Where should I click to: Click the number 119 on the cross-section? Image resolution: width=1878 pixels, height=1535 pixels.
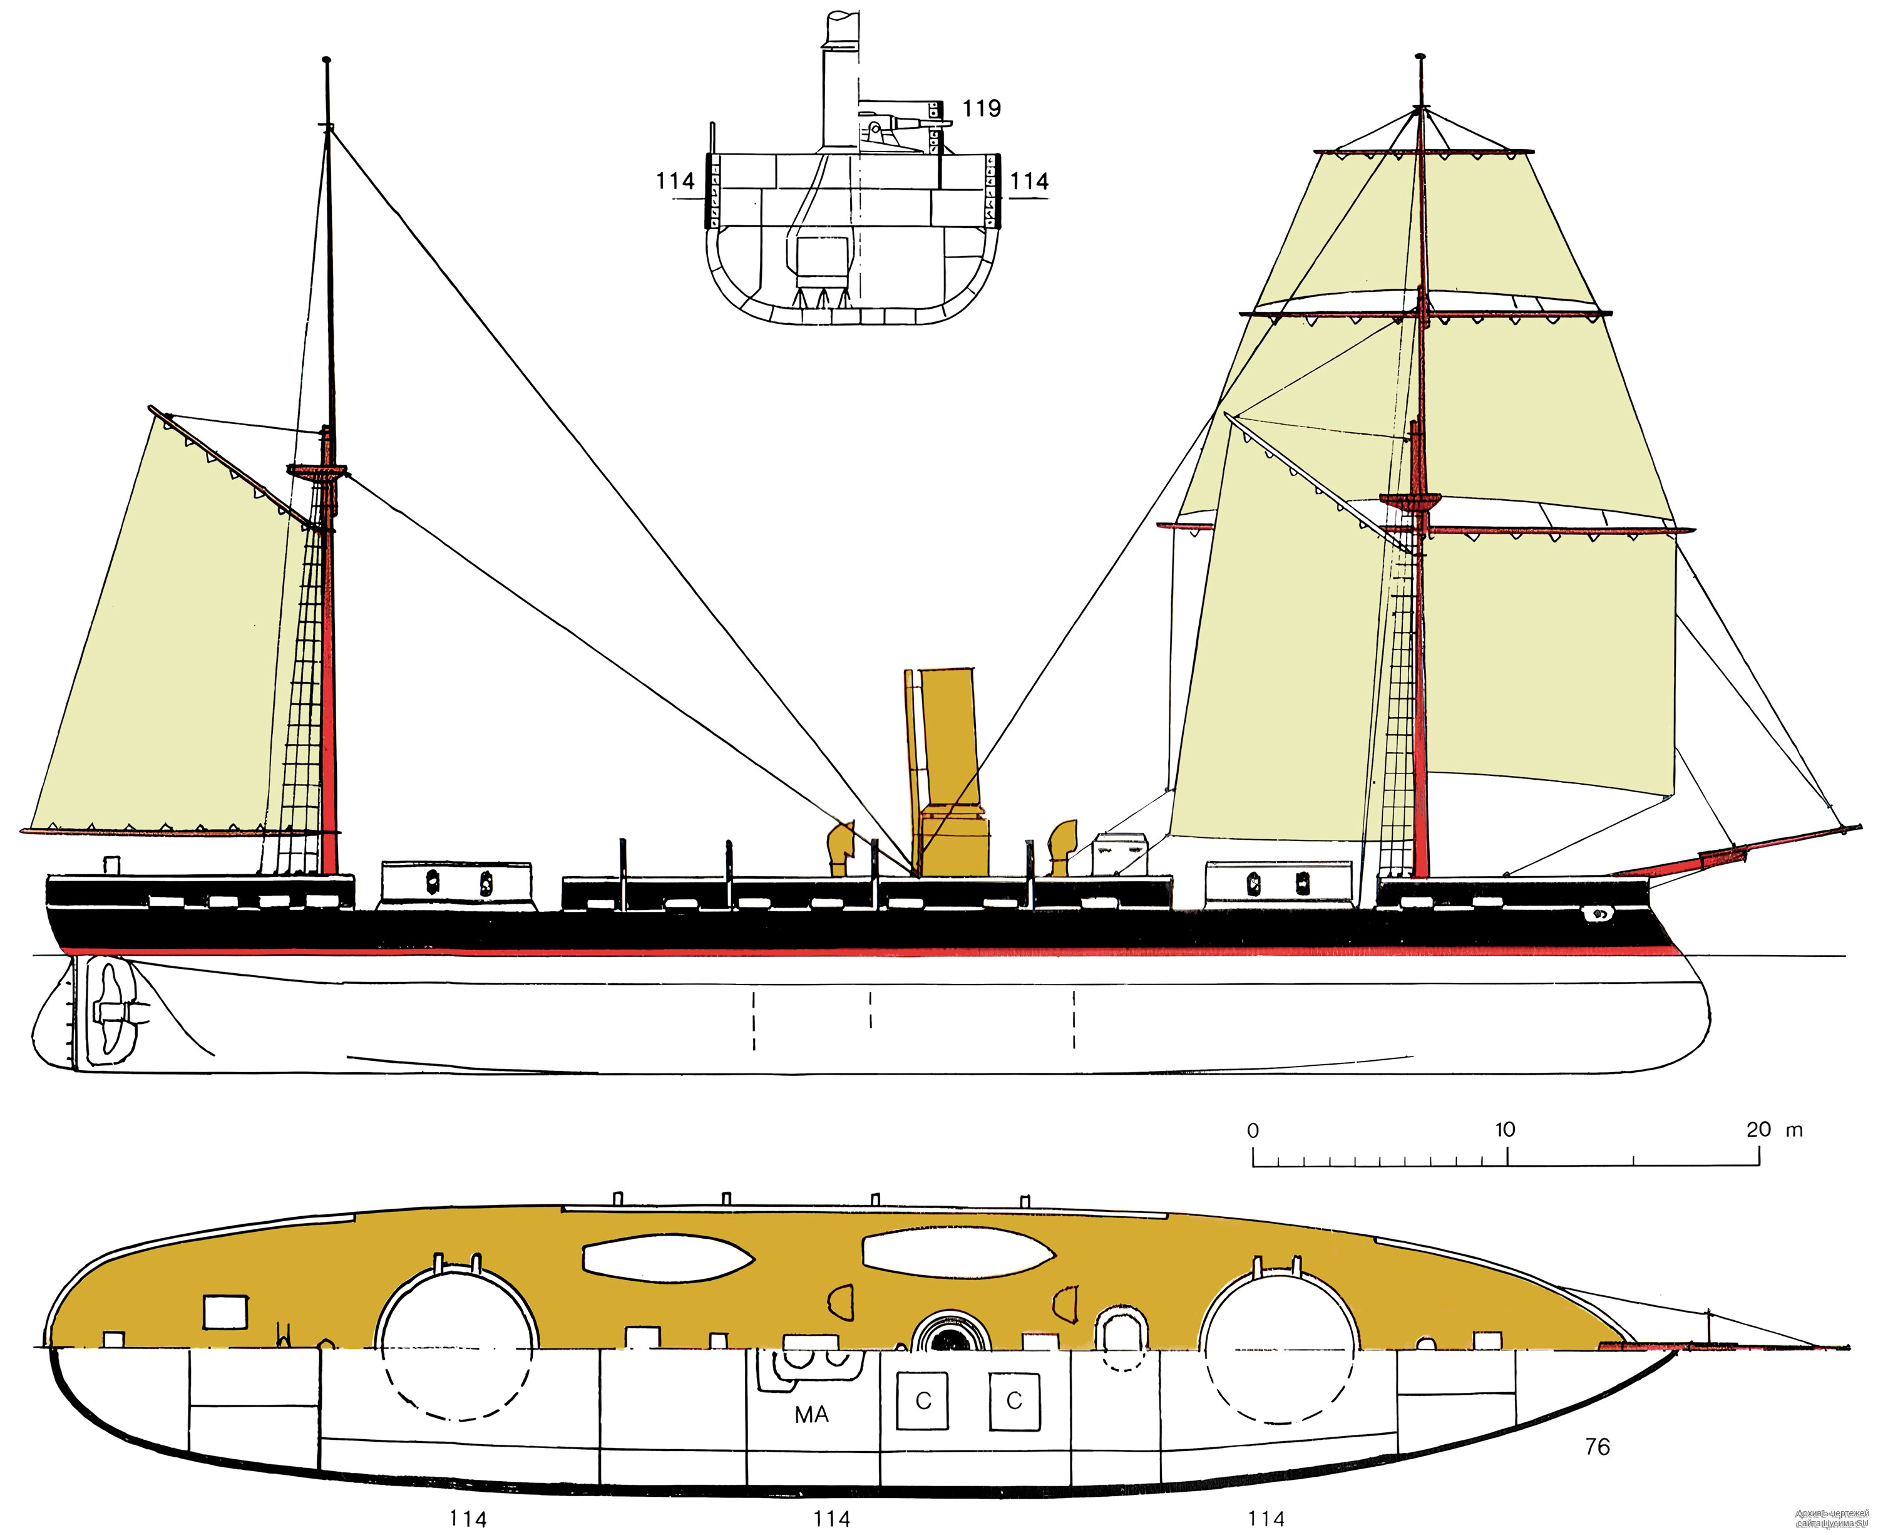pos(981,109)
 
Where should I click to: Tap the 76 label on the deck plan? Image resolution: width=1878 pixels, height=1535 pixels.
pos(1598,1447)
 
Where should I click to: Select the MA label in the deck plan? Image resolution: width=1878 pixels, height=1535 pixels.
pos(811,1415)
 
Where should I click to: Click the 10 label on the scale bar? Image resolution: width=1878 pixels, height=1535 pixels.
pos(1504,1129)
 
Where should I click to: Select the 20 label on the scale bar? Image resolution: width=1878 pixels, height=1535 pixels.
pos(1758,1129)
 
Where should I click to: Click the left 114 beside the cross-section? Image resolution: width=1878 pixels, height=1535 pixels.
pos(675,181)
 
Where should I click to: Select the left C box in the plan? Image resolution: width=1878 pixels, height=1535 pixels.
pos(923,1402)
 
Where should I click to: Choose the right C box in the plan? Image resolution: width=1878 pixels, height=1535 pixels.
pos(1013,1402)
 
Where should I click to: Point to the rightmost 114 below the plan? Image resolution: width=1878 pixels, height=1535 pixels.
pos(1266,1519)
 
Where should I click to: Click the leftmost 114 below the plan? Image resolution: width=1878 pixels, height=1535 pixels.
pos(468,1519)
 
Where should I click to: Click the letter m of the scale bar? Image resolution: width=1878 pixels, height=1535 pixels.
pos(1794,1129)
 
